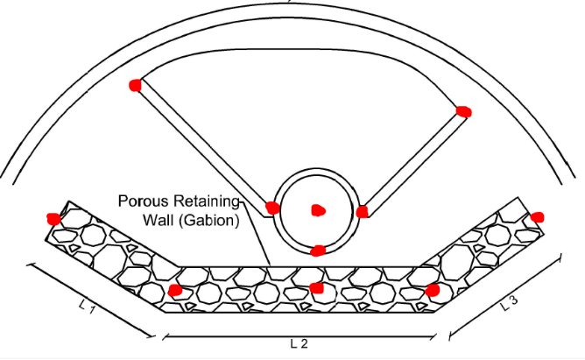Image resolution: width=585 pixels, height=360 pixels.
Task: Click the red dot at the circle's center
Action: (318, 210)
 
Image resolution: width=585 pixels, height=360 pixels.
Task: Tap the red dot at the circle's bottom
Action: (319, 251)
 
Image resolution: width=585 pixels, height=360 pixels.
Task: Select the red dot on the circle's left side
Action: (272, 208)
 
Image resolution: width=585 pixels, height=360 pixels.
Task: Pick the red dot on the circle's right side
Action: (362, 211)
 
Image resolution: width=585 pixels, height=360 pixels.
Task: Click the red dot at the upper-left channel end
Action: (135, 85)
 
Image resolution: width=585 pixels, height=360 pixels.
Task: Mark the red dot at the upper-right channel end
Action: (463, 111)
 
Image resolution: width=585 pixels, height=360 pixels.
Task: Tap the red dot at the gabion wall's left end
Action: (53, 218)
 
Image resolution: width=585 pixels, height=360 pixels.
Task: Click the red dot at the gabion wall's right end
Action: (538, 217)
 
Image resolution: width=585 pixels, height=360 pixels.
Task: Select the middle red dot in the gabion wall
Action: (317, 287)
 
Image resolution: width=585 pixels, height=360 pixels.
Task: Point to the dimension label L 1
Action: (85, 307)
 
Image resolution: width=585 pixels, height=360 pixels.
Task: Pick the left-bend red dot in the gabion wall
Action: (175, 290)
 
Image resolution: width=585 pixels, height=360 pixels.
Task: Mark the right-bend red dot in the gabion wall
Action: (432, 290)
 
